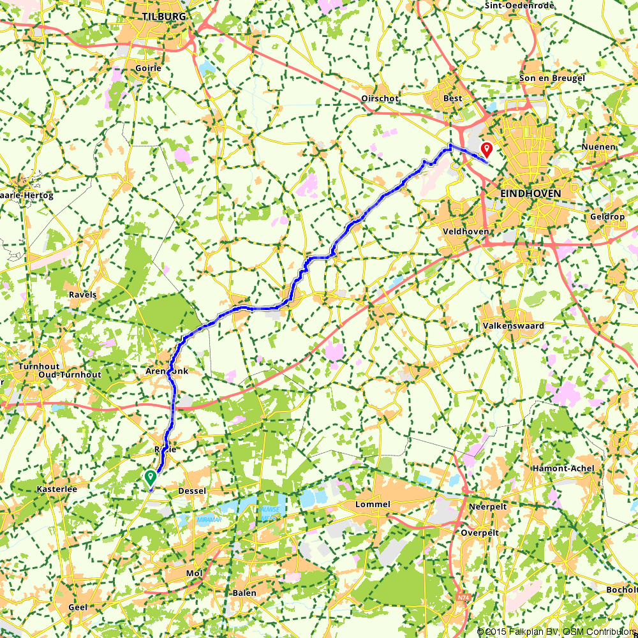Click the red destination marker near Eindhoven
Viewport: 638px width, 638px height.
point(487,150)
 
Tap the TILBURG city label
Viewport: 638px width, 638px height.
point(165,17)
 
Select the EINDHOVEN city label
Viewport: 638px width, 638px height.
point(531,193)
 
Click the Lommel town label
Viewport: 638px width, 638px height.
point(373,504)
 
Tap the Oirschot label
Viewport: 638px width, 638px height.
point(380,98)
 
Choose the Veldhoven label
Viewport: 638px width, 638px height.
point(465,232)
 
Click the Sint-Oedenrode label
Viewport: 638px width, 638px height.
point(520,5)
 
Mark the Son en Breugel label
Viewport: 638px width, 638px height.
point(553,78)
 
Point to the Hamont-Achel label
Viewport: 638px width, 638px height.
point(563,468)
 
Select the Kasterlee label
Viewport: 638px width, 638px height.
point(39,489)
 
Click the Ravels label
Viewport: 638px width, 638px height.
point(83,295)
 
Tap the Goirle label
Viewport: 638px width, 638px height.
point(148,68)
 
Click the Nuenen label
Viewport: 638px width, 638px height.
point(598,147)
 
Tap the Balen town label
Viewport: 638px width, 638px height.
point(244,593)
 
